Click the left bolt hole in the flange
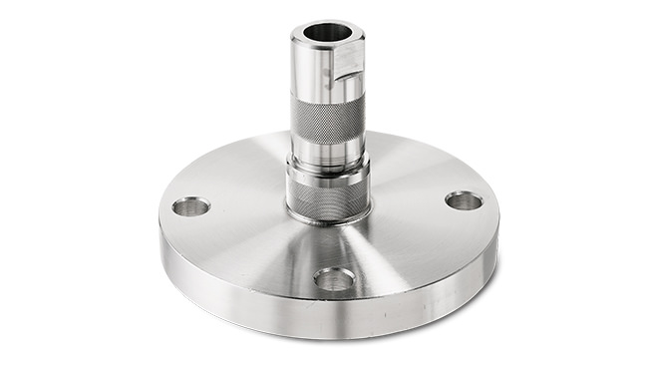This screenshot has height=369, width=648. [x=190, y=206]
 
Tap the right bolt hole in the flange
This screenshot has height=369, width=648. [x=464, y=200]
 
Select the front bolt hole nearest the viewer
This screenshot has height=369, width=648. [x=334, y=279]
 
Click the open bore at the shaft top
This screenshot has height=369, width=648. [x=328, y=32]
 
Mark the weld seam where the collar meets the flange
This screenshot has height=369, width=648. [x=327, y=220]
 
